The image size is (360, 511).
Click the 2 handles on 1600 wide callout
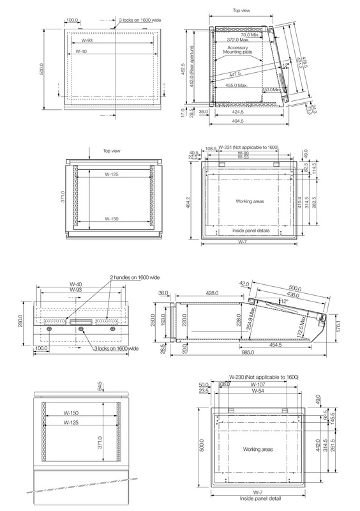tap(135, 277)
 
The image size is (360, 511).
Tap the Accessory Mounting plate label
tap(237, 50)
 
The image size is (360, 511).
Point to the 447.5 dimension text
tap(234, 74)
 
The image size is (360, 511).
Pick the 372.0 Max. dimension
tap(238, 40)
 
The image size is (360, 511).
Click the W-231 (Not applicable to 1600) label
tap(248, 148)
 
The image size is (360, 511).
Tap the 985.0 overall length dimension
tap(248, 353)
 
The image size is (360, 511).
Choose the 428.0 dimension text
tap(212, 293)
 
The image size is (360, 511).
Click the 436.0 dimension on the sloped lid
tap(292, 295)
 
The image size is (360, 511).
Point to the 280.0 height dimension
tap(21, 321)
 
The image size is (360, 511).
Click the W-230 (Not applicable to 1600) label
tap(264, 377)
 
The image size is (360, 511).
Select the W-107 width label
tap(258, 385)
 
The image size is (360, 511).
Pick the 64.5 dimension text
tap(100, 388)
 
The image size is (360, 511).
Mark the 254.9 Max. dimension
tap(252, 320)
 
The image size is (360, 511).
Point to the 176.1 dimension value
tap(338, 326)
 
